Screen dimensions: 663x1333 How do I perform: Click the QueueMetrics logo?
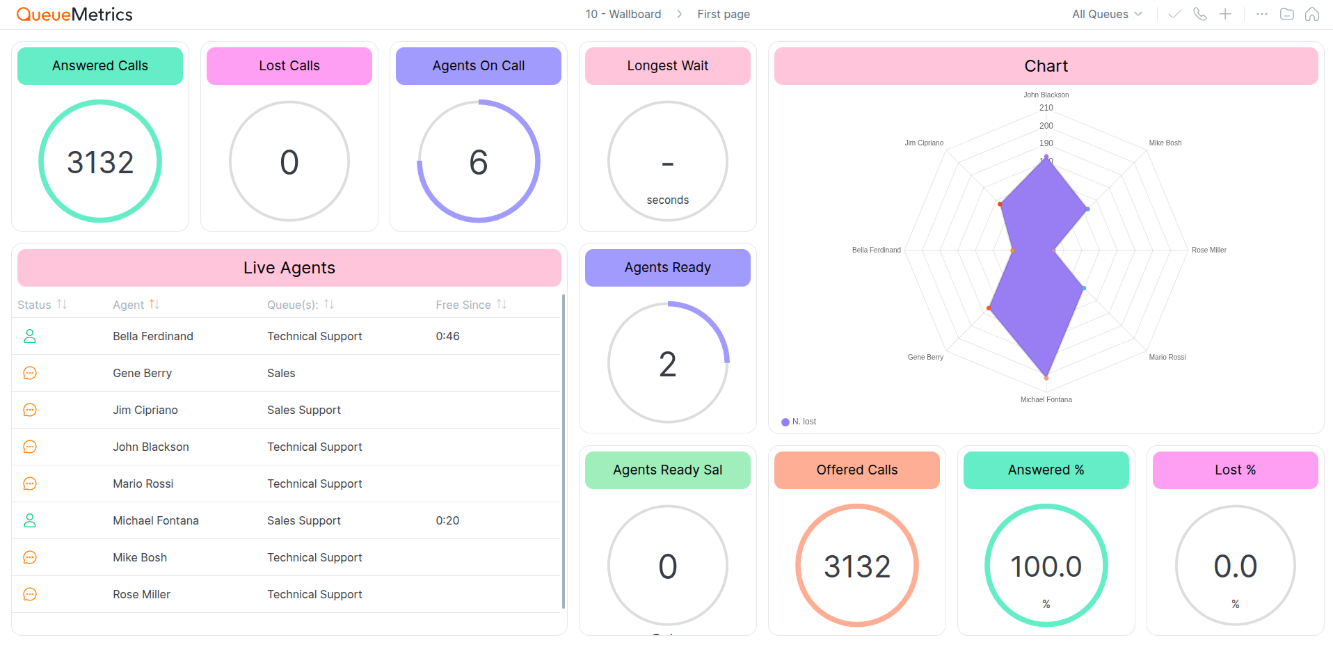74,14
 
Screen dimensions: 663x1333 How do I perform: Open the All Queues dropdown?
1106,14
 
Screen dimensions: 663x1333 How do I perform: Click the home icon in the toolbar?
1311,14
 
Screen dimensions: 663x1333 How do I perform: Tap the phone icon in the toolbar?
1199,14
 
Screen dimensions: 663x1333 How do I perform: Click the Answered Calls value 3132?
100,162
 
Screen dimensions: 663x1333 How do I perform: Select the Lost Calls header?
289,66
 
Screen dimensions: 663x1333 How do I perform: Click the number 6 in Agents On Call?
479,162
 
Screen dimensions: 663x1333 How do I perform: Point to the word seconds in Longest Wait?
667,200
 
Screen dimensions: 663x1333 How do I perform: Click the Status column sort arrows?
62,304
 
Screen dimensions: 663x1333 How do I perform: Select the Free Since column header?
463,305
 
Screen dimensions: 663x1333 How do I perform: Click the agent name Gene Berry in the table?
142,373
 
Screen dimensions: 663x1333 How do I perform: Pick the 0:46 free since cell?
447,336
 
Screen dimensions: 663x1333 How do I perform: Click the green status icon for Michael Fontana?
30,520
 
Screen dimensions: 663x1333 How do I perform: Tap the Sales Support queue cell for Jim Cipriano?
303,410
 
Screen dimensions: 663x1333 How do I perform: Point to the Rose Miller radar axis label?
1208,250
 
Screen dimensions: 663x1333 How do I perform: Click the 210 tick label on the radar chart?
1046,108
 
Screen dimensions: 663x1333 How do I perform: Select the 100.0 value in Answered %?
1046,566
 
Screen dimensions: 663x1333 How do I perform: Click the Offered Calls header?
856,470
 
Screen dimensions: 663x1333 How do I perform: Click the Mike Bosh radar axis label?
1165,143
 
